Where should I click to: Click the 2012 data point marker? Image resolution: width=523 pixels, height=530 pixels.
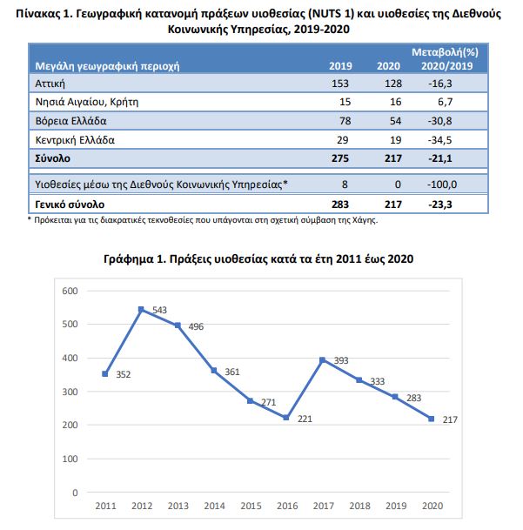click(141, 309)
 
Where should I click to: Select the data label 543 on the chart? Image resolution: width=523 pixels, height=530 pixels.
click(159, 310)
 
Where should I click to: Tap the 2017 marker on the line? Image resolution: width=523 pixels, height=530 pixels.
click(323, 360)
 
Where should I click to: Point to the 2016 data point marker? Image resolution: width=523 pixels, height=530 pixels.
click(286, 418)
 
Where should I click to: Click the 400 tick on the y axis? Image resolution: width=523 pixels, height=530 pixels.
click(70, 358)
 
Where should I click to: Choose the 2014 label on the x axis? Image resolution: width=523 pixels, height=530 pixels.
click(214, 506)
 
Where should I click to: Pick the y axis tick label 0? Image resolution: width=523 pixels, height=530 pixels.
click(75, 493)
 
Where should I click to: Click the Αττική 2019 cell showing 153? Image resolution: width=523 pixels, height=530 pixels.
click(340, 84)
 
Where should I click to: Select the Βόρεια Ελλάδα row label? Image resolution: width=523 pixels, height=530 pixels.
click(71, 121)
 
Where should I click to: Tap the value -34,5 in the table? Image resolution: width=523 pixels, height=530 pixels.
click(439, 140)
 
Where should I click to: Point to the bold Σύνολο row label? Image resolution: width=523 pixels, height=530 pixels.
click(53, 158)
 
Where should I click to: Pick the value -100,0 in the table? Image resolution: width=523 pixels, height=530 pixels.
click(442, 184)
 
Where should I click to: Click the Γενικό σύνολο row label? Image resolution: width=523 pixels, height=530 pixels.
click(70, 205)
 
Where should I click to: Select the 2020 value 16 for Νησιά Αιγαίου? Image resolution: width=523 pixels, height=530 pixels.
click(396, 102)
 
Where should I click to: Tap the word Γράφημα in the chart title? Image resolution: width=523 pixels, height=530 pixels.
click(129, 259)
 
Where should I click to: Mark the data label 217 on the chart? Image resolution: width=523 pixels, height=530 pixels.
click(450, 419)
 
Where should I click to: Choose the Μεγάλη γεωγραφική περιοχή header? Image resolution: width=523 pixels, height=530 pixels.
click(108, 66)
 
